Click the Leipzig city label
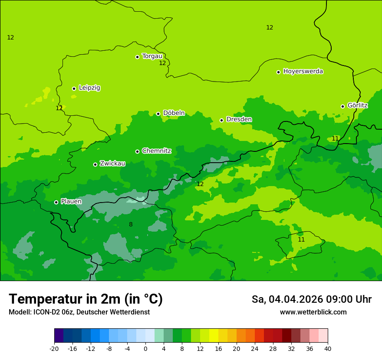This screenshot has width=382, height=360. [x=89, y=88]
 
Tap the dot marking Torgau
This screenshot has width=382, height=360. [x=137, y=57]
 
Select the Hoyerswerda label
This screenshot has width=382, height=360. [x=303, y=71]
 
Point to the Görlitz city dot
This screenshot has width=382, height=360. [x=342, y=106]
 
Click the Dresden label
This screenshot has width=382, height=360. [x=239, y=119]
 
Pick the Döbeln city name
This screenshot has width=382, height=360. [x=174, y=113]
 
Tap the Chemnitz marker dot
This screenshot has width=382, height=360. [x=137, y=151]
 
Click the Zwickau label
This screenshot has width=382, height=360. [x=112, y=164]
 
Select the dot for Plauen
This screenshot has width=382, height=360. [x=56, y=202]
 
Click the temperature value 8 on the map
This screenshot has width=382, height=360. [x=131, y=224]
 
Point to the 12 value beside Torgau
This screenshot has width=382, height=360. [x=162, y=63]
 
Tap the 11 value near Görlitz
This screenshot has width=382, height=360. [x=335, y=138]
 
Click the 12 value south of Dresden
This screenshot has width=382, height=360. [x=200, y=184]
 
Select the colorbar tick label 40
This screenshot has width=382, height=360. [x=328, y=348]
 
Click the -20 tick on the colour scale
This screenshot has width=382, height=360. [x=54, y=348]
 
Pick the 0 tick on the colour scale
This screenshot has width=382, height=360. [x=145, y=348]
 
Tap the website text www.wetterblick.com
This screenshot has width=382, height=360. [x=313, y=312]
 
